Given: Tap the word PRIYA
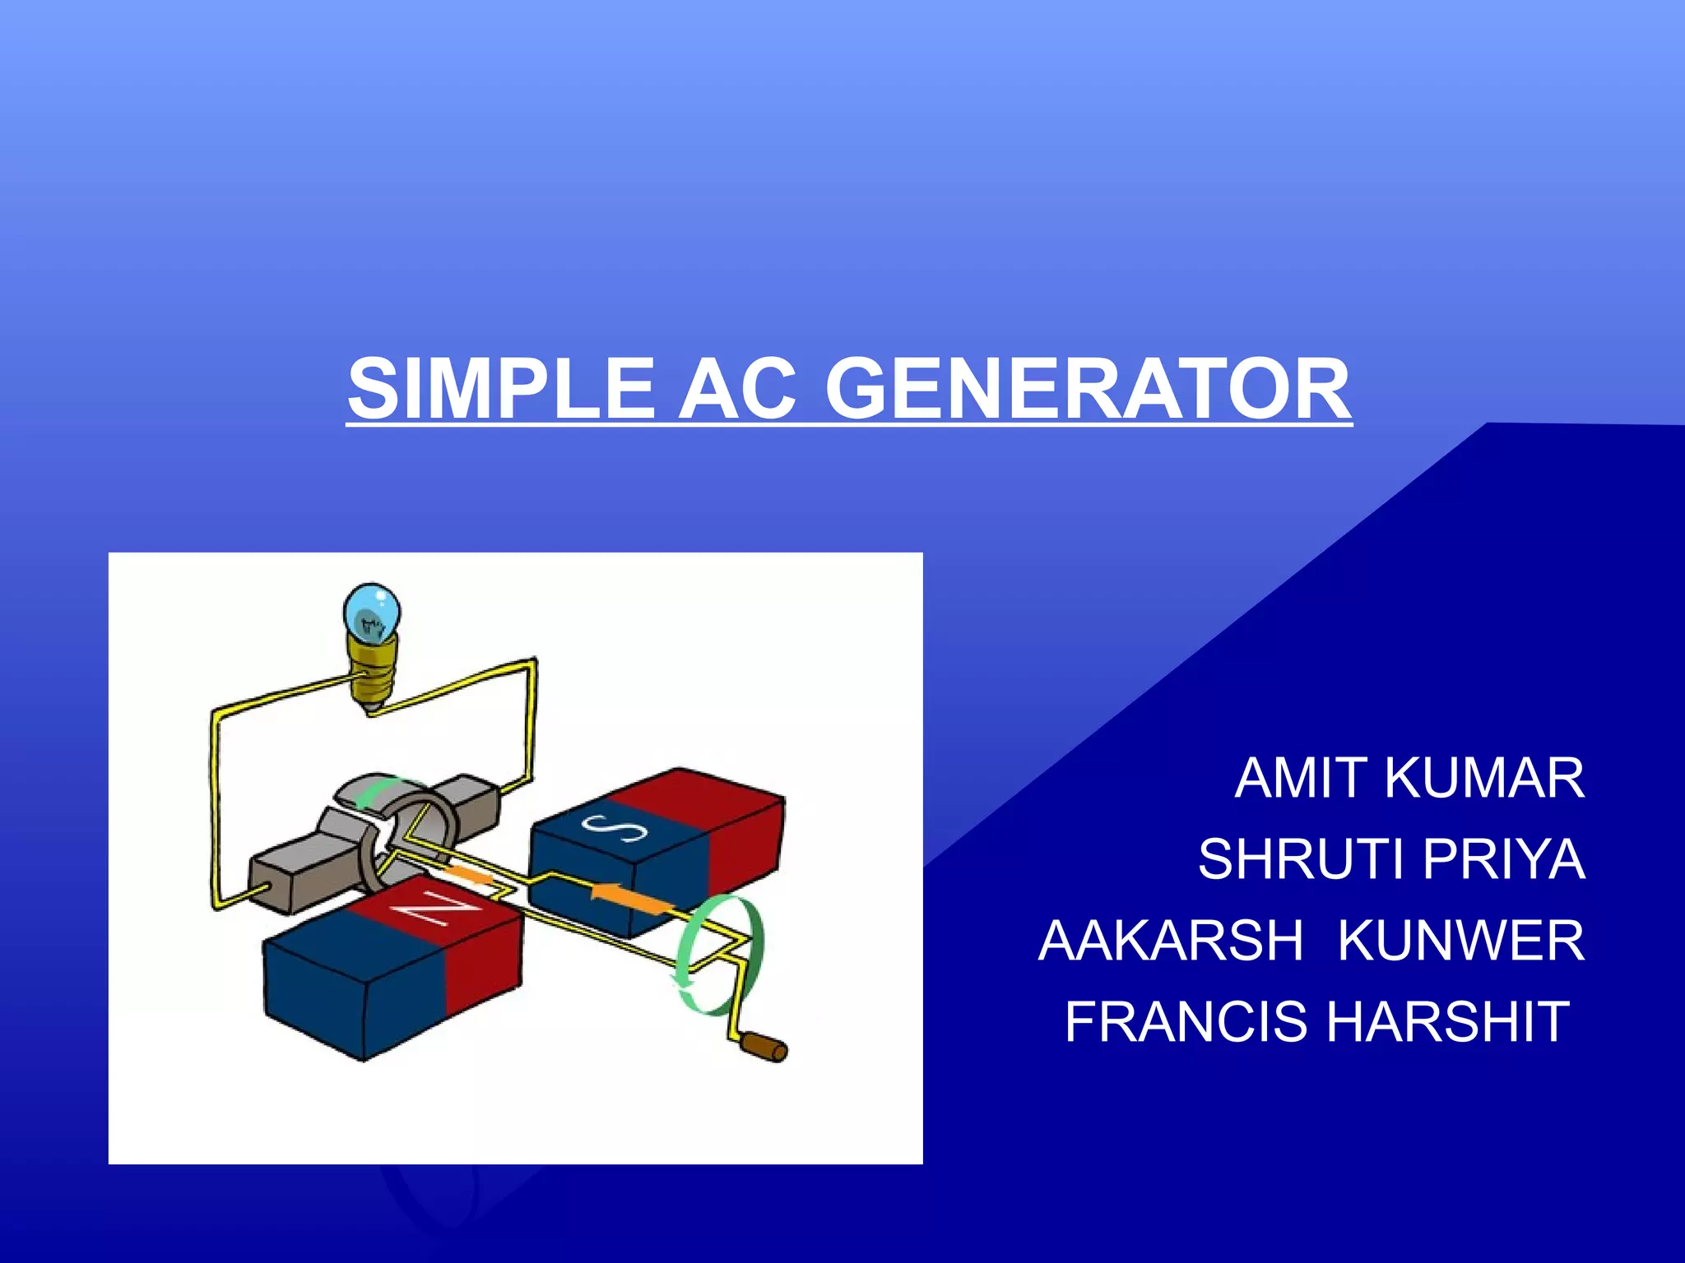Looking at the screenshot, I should click(1504, 859).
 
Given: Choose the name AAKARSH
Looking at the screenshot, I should click(1172, 941).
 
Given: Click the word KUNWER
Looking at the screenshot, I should click(1461, 941).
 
